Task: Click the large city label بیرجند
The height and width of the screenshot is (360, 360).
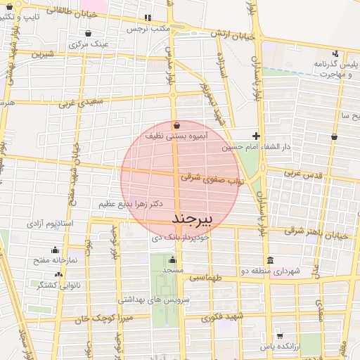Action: tap(191, 220)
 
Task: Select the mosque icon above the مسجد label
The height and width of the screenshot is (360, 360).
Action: tap(172, 259)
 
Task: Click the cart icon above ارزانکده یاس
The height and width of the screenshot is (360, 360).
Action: tap(280, 336)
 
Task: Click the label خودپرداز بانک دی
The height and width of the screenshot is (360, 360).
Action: tap(181, 239)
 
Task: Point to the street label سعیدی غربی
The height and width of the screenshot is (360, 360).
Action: tap(77, 103)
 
